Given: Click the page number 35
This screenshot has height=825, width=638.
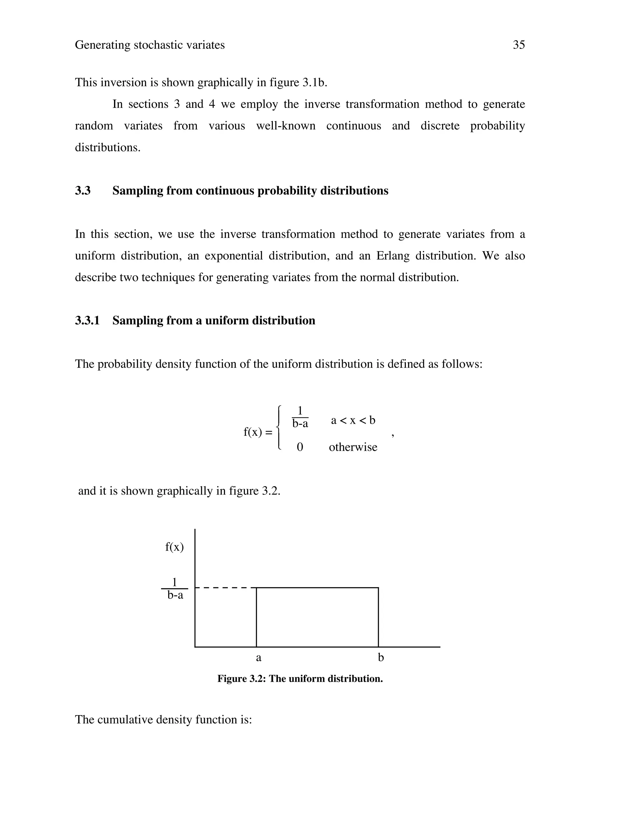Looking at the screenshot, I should (x=519, y=45).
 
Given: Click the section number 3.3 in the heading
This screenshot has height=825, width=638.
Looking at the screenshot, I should (x=83, y=191).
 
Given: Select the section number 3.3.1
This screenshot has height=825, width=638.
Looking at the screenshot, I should (x=87, y=321).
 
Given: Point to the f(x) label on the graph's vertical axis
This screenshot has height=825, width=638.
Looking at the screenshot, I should (x=174, y=547).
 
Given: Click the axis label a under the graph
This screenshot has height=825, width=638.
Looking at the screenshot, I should (x=259, y=658).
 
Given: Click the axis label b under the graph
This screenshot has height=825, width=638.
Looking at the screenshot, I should (x=381, y=658).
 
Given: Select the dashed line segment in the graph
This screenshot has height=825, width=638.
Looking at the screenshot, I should (x=223, y=588).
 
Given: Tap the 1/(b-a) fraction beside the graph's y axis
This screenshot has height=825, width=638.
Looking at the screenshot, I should (x=175, y=589).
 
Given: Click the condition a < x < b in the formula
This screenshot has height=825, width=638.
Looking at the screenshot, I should (x=353, y=420).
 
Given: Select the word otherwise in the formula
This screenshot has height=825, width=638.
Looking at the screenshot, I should (x=353, y=447).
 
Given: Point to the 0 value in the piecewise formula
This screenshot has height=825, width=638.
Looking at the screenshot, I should (x=300, y=447).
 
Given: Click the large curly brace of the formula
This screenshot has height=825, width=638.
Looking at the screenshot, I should (x=279, y=428).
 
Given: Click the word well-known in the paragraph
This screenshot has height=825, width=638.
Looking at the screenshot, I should (x=286, y=126).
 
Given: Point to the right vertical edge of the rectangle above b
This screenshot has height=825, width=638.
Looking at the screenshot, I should (x=378, y=618).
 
